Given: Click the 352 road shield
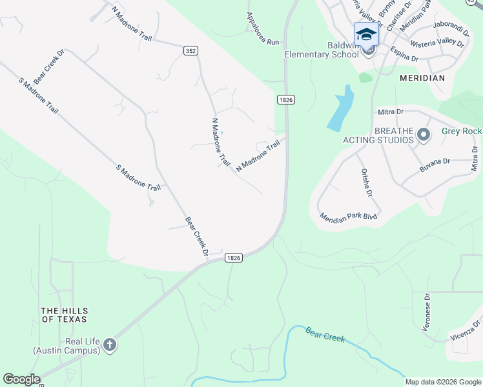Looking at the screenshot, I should tap(190, 51).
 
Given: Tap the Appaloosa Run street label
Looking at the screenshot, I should tap(263, 29).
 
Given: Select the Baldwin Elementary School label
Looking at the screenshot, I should tap(322, 50).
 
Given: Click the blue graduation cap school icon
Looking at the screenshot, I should tap(366, 34).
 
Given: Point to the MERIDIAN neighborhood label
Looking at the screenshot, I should tap(422, 78).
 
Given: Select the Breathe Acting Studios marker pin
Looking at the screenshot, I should tap(424, 135).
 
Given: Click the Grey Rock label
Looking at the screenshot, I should tap(462, 131).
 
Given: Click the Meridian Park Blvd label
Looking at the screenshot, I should tap(348, 217).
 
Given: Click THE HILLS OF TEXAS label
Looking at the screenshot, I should tap(63, 314).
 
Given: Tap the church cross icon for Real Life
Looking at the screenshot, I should tap(110, 345).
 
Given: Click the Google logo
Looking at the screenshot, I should tap(21, 379).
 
